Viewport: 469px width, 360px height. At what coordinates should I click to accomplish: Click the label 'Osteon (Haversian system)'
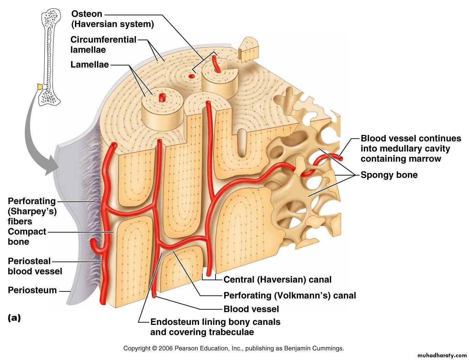click(112, 19)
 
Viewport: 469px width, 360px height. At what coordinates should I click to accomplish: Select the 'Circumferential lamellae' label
click(103, 44)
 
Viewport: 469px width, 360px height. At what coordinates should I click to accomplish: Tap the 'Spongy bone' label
click(389, 175)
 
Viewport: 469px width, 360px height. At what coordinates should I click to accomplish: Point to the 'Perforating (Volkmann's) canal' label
click(290, 295)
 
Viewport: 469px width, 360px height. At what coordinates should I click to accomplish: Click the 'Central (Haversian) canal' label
click(277, 279)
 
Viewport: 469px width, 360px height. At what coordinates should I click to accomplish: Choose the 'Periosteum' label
click(32, 290)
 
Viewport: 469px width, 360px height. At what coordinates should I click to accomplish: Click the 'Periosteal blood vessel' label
click(35, 266)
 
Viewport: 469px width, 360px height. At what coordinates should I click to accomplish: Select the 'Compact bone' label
click(26, 236)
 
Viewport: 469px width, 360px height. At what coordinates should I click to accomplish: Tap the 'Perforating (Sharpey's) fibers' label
click(32, 211)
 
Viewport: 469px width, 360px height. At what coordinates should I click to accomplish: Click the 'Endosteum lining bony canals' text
click(215, 322)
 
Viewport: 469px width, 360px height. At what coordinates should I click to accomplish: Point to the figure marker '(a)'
click(14, 318)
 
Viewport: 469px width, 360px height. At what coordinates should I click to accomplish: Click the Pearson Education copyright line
click(233, 348)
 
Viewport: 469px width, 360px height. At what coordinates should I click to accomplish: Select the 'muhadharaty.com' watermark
click(442, 355)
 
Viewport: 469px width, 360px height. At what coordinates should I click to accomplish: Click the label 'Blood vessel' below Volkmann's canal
click(251, 309)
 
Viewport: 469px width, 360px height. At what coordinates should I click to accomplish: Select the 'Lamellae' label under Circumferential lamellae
click(89, 64)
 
